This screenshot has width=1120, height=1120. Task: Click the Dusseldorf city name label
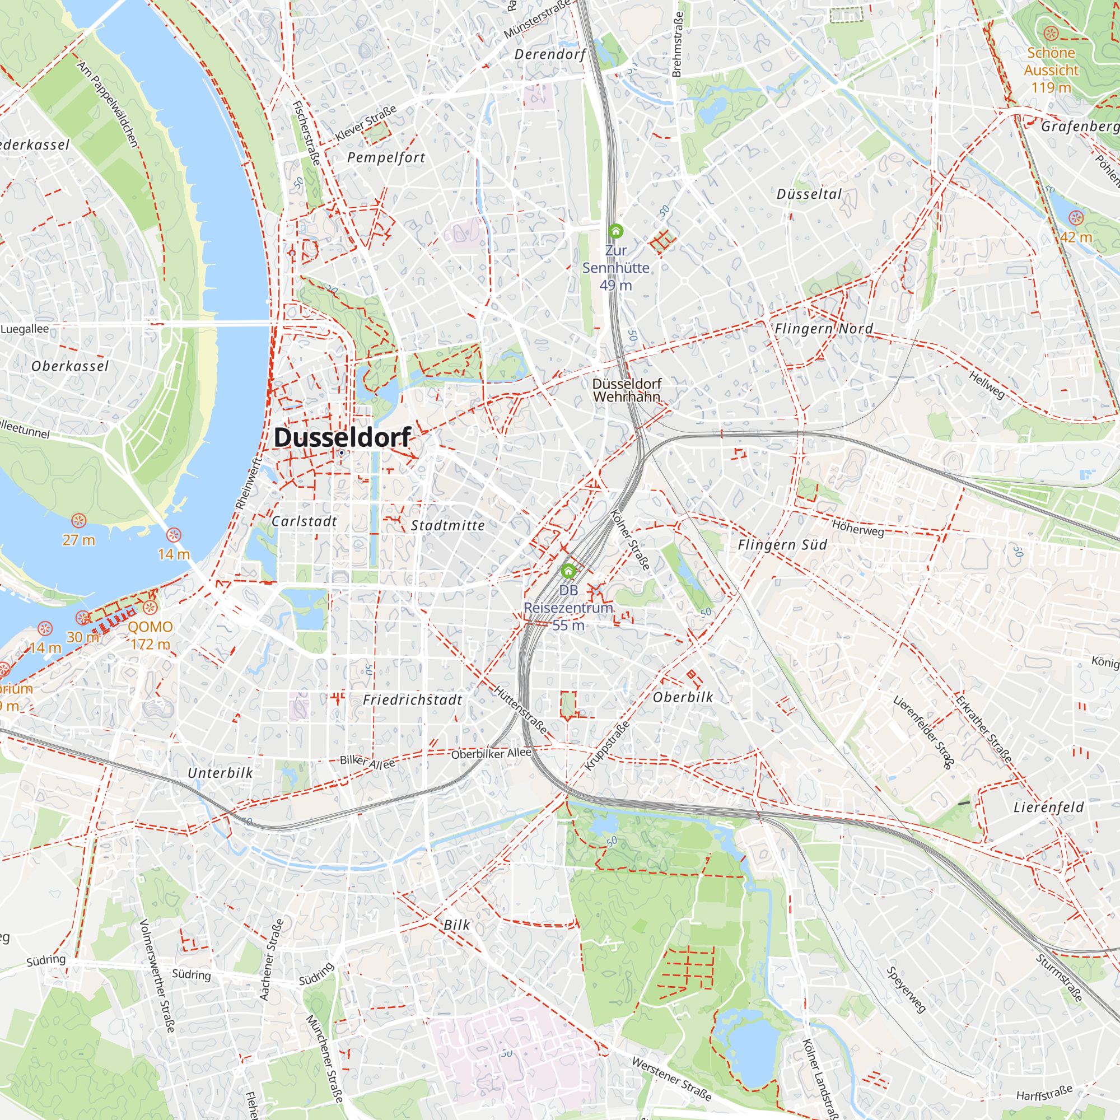342,438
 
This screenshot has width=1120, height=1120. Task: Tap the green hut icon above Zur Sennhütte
615,231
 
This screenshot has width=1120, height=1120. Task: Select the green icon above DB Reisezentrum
568,572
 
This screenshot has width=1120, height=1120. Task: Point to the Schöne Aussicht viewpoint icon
1051,33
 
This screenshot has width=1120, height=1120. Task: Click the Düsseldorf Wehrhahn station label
627,390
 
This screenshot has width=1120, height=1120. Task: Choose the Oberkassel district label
70,366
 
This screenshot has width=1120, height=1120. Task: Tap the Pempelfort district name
386,158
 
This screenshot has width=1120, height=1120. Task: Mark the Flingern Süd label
782,544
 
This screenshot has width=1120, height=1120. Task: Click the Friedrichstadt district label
412,701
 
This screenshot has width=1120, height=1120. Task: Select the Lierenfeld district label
1048,807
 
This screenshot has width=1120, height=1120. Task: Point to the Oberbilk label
683,697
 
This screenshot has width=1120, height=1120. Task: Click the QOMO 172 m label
150,636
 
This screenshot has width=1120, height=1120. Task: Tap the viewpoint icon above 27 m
79,521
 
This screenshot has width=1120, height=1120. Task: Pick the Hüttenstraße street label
520,709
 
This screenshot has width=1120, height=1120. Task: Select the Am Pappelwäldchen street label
108,104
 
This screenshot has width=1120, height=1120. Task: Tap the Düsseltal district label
809,194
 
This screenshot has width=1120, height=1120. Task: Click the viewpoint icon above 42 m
1075,218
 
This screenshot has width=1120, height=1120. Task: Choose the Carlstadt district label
304,521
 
